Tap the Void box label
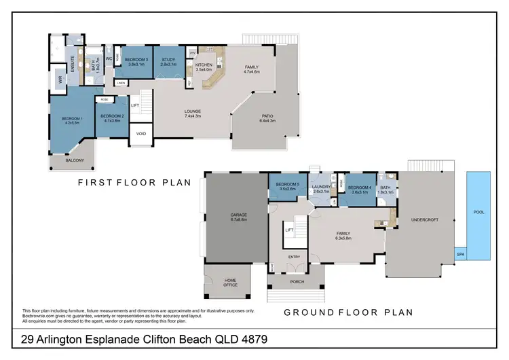point(140,133)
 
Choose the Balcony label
point(75,160)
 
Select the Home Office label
point(230,283)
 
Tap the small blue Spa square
point(460,253)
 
